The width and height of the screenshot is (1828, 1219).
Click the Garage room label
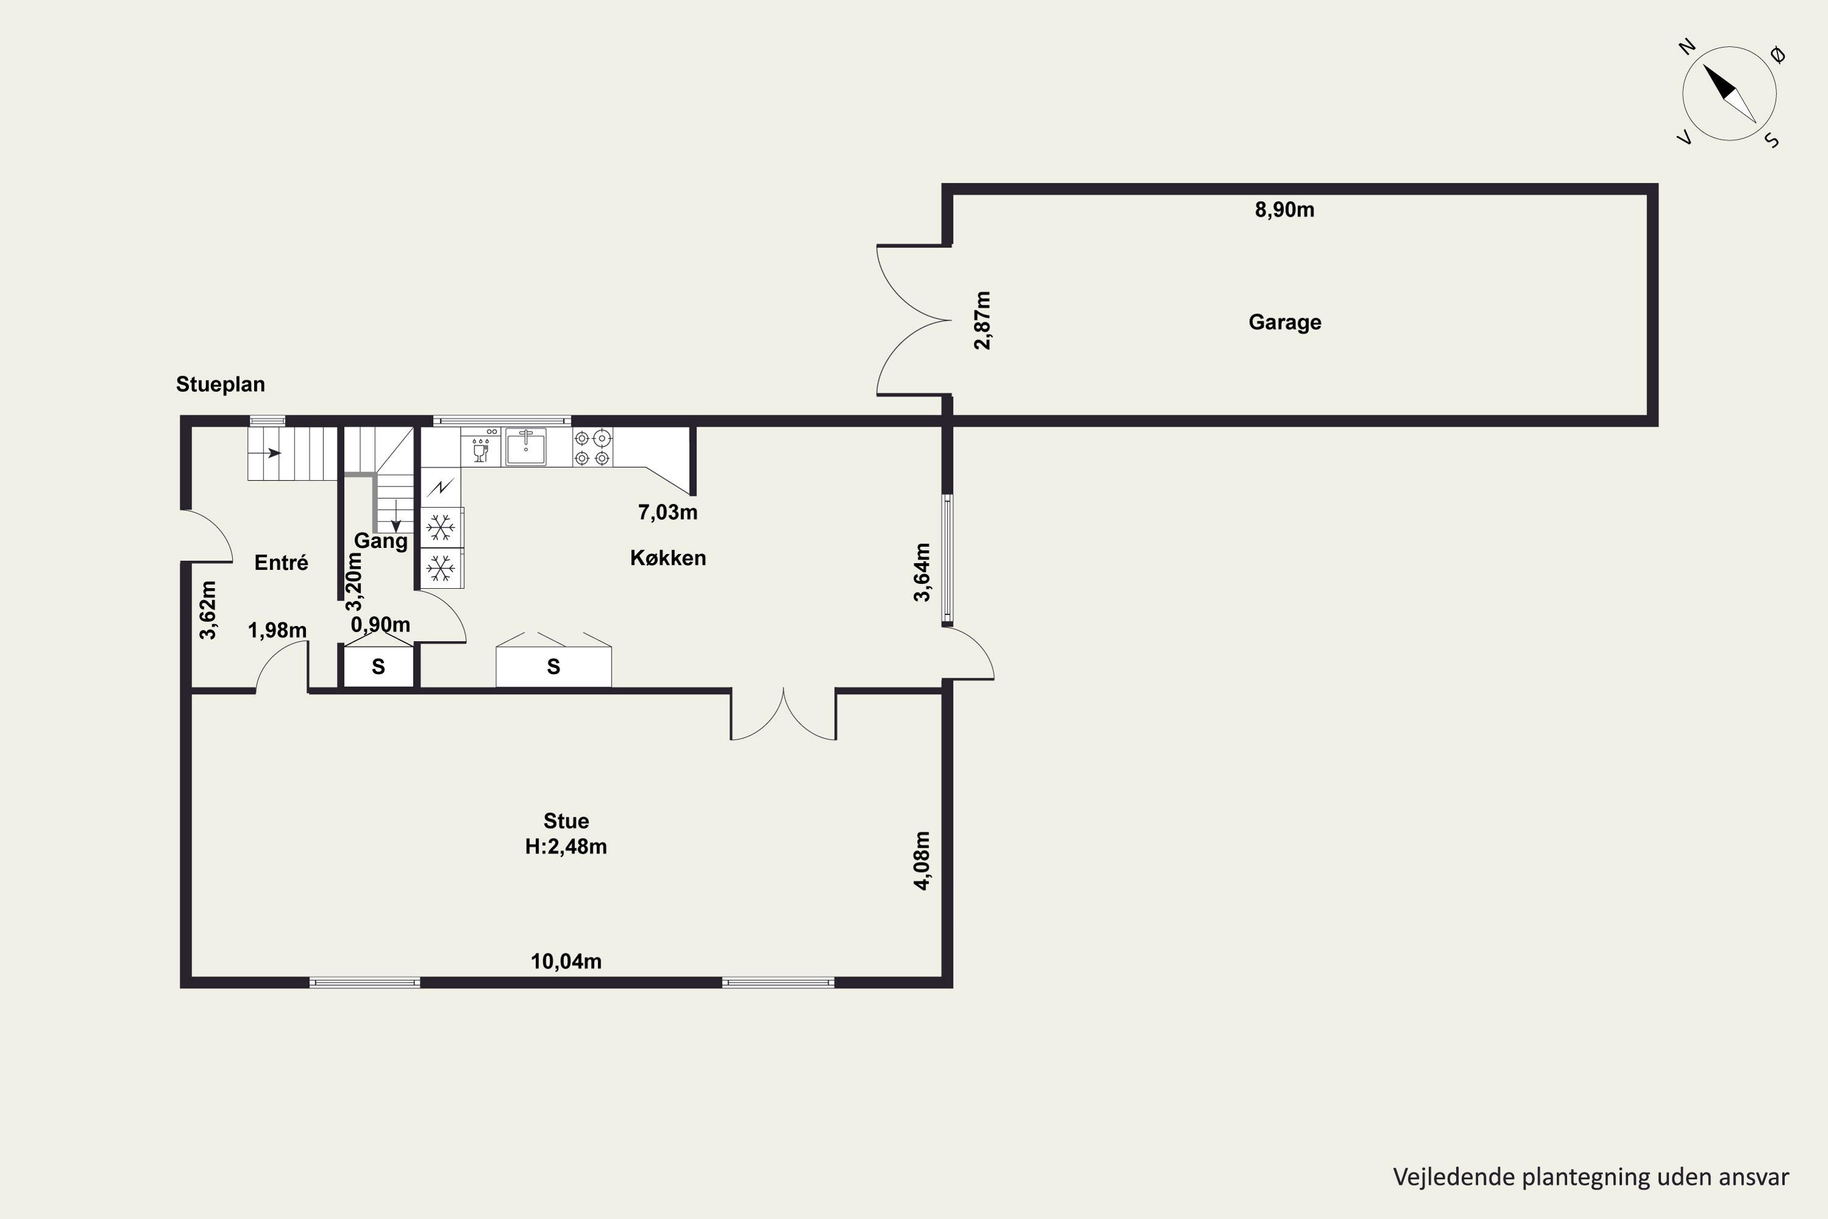[1284, 322]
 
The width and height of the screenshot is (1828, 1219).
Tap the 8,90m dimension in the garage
[1284, 210]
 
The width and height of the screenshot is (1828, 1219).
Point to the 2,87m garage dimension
[983, 321]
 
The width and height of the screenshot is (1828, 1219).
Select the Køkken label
[668, 558]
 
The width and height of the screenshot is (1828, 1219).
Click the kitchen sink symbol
[526, 447]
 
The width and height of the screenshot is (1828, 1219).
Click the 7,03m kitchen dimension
[668, 513]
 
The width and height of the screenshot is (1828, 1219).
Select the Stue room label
[566, 821]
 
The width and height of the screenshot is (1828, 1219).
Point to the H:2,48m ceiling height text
[566, 847]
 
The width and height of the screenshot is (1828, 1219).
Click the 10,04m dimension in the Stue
[566, 962]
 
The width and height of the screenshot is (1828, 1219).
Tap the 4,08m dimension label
[922, 861]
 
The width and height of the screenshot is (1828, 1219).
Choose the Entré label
[282, 563]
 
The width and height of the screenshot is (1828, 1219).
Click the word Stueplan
[221, 385]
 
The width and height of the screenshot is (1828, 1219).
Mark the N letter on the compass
[1687, 48]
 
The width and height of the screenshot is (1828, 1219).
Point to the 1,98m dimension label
[277, 630]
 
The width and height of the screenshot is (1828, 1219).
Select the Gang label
[381, 541]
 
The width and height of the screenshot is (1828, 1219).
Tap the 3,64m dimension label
[922, 573]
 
